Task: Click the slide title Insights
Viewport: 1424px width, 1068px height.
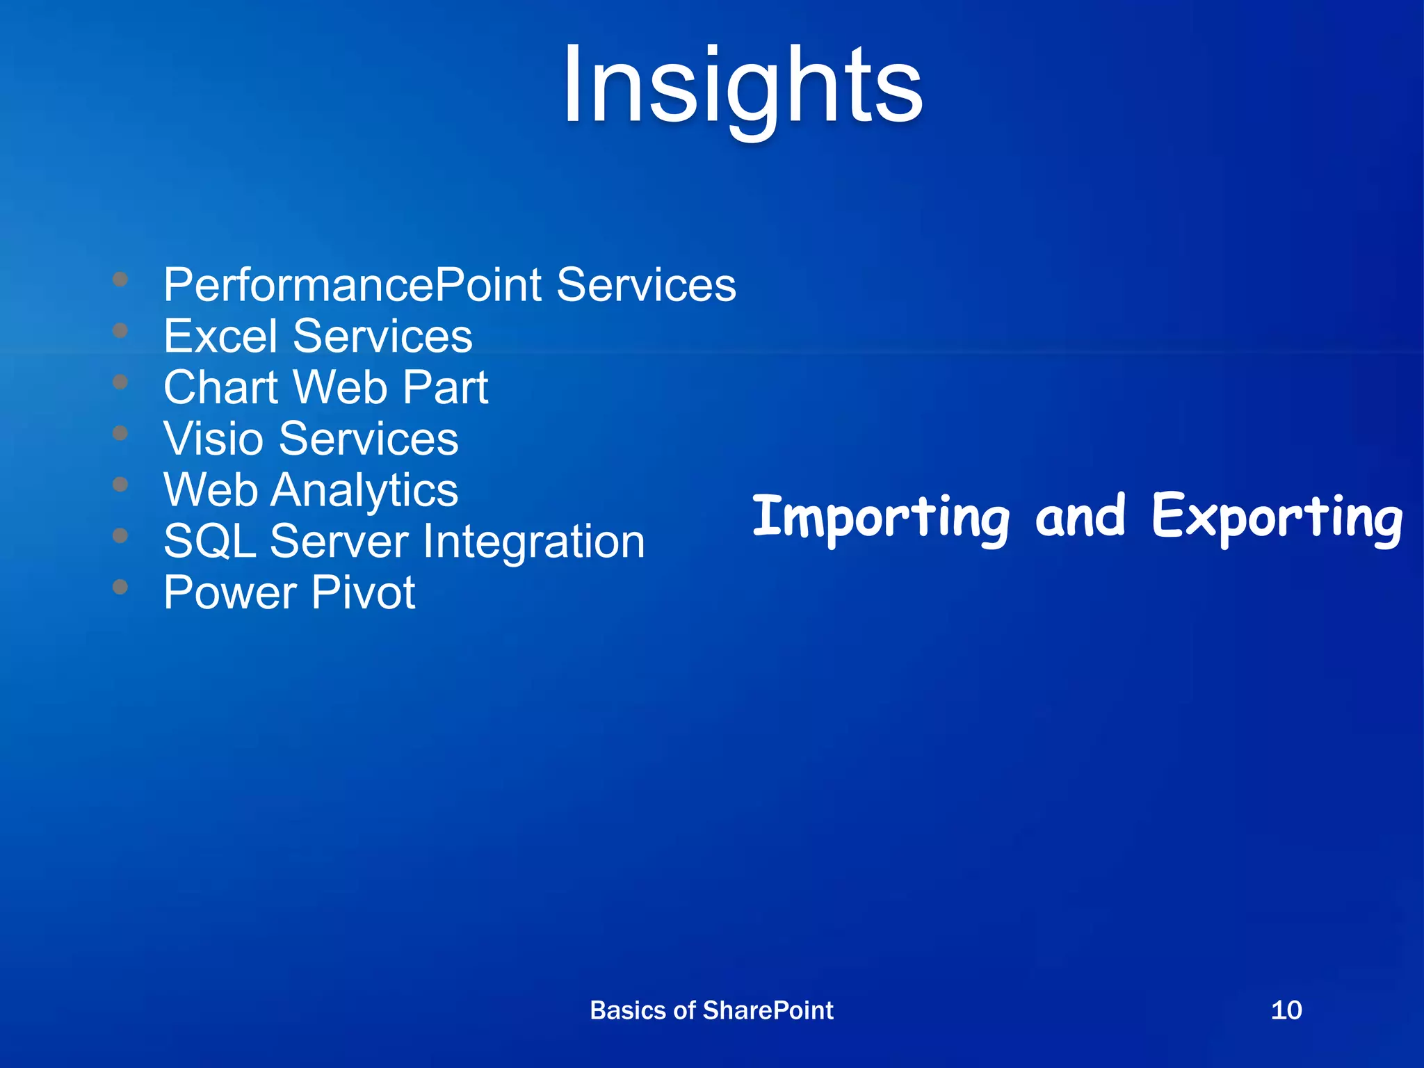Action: pos(742,87)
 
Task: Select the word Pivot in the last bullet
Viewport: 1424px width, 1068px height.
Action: pos(363,593)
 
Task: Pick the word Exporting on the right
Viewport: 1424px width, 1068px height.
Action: pos(1277,518)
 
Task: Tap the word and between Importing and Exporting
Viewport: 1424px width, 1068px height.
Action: pos(1080,517)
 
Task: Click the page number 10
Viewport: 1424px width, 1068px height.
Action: pos(1286,1010)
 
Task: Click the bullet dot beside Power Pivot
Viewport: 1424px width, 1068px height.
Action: pos(120,587)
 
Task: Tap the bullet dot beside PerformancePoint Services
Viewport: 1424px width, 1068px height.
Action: pos(120,279)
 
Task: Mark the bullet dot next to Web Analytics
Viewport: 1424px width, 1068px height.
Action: pos(120,484)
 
